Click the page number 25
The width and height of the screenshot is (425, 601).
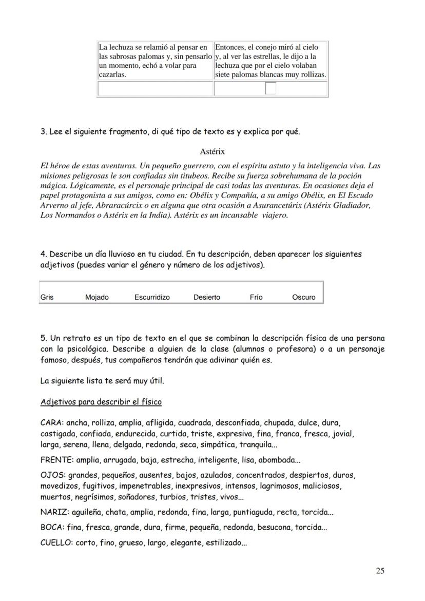click(379, 571)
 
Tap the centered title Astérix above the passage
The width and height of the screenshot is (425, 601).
click(212, 151)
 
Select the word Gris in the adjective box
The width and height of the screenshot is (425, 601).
click(47, 297)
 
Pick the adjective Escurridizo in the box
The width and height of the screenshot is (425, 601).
click(152, 297)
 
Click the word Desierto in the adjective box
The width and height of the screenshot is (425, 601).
click(207, 297)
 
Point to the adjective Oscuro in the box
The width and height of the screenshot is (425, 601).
click(303, 297)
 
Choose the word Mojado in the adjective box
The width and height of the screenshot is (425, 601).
click(96, 297)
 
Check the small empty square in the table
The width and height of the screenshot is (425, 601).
click(271, 89)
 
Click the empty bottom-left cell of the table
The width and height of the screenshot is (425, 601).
click(155, 89)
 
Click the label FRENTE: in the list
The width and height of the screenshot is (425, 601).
click(56, 460)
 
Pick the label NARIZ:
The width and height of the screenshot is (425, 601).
click(53, 512)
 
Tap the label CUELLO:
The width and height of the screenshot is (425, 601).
click(56, 543)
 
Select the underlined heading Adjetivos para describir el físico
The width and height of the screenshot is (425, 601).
click(101, 402)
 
